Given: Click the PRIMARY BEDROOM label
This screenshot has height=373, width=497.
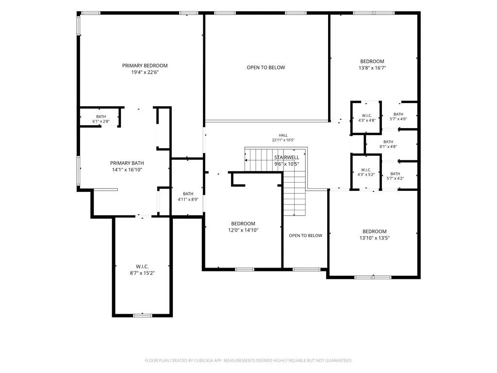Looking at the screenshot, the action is pyautogui.click(x=145, y=66).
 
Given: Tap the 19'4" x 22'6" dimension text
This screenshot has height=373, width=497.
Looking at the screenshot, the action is pyautogui.click(x=145, y=72).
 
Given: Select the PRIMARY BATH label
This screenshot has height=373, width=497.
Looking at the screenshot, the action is pyautogui.click(x=127, y=163).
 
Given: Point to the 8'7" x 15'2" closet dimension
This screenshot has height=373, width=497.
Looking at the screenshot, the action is pyautogui.click(x=142, y=273).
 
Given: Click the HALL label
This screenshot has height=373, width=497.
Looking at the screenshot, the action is pyautogui.click(x=283, y=136).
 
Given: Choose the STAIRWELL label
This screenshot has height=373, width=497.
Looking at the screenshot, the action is pyautogui.click(x=286, y=157).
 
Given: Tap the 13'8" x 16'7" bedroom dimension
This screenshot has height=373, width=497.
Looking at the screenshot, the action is pyautogui.click(x=372, y=68).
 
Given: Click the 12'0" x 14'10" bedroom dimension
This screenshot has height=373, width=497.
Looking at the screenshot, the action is pyautogui.click(x=243, y=230).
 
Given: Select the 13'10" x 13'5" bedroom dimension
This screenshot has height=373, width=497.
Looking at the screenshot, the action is pyautogui.click(x=374, y=238).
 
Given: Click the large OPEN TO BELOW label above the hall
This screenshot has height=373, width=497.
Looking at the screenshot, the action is pyautogui.click(x=265, y=68).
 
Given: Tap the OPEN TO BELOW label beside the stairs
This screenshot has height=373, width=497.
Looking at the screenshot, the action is pyautogui.click(x=306, y=236).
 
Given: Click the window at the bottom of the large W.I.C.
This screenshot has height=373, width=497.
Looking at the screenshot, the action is pyautogui.click(x=142, y=316).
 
